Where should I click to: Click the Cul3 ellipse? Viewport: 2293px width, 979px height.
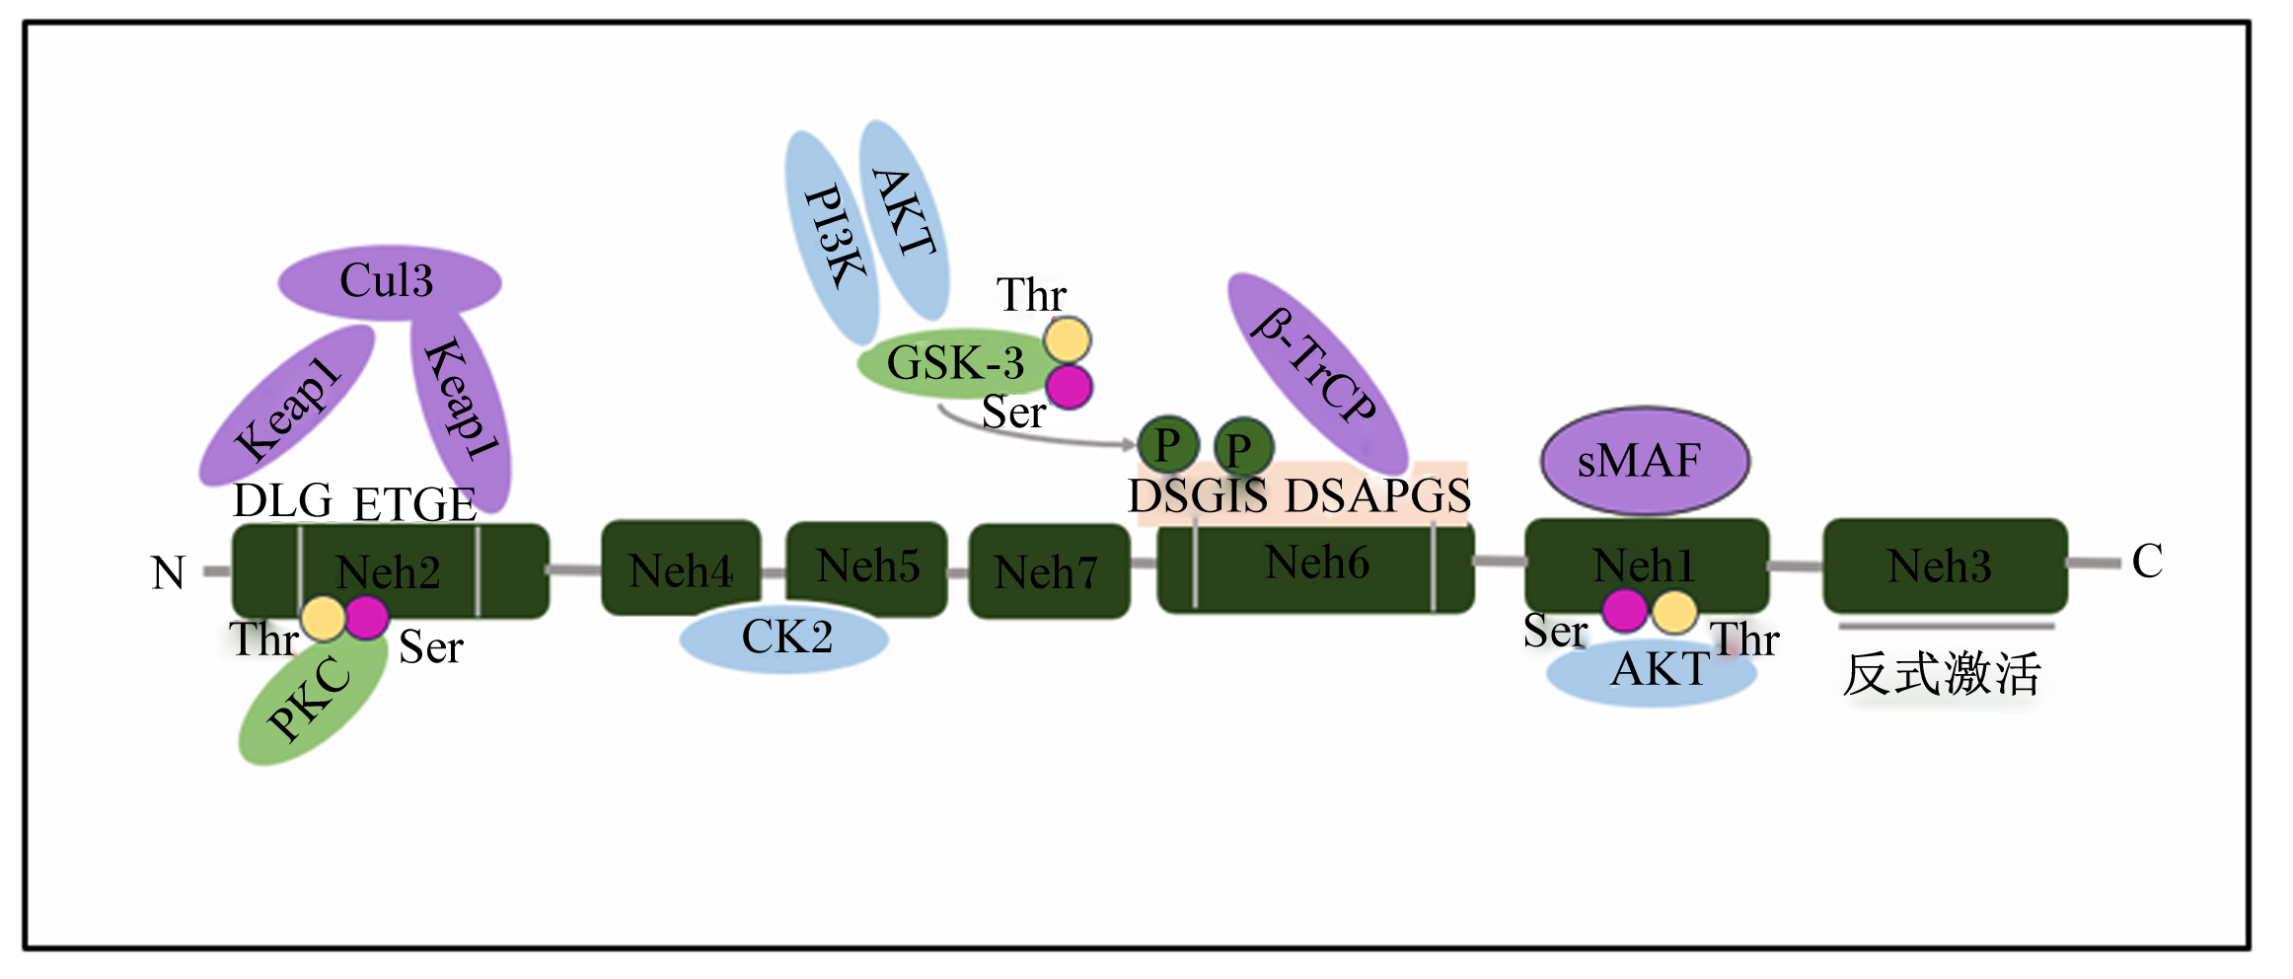[x=390, y=282]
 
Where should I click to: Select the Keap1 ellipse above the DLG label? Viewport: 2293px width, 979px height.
[x=287, y=406]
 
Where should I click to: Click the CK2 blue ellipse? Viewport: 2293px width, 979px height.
[x=784, y=638]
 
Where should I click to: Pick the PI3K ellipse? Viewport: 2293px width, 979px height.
[x=831, y=238]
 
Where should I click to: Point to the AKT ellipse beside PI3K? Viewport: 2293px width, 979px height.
[x=904, y=219]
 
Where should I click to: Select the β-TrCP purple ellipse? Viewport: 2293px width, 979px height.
[x=1317, y=374]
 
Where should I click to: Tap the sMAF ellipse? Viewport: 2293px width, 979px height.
[x=1645, y=461]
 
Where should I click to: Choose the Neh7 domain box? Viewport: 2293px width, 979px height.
[x=1049, y=571]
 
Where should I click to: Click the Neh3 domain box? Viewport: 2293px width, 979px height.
[x=1944, y=566]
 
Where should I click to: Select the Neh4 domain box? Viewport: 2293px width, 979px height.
[x=681, y=568]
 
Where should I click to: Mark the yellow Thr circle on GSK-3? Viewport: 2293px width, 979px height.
[x=1068, y=340]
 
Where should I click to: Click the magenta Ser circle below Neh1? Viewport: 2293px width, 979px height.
[x=1624, y=611]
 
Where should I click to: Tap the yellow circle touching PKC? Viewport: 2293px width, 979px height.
[x=324, y=619]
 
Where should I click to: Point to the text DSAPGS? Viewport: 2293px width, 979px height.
[x=1378, y=495]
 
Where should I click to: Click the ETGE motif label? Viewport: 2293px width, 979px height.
[x=414, y=505]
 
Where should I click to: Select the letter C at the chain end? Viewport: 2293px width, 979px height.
[x=2147, y=562]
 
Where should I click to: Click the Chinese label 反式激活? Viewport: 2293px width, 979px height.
[x=1942, y=675]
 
